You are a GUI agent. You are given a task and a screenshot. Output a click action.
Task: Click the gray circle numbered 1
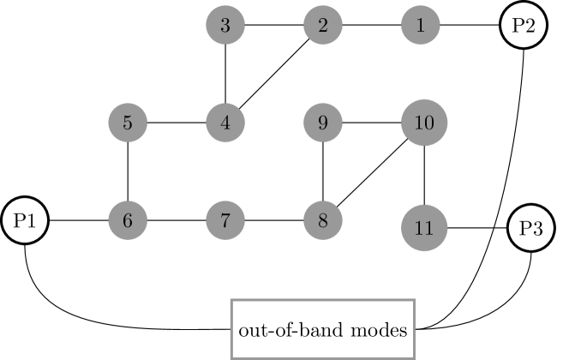[420, 26]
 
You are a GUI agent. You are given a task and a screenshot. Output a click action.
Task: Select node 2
[322, 26]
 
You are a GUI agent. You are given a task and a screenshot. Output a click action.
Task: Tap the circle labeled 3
[225, 26]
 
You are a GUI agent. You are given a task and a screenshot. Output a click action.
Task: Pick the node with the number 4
[225, 123]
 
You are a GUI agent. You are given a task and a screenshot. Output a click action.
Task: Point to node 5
[127, 123]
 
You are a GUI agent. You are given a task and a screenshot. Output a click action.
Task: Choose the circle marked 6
[127, 221]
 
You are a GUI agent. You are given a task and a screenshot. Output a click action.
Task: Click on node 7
[225, 221]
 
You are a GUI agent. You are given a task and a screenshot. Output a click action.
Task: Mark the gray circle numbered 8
[322, 221]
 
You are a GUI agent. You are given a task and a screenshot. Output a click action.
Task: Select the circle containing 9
[322, 123]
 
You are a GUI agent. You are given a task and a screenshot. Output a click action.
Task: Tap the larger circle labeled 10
[424, 123]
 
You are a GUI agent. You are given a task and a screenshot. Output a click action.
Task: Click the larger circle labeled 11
[424, 228]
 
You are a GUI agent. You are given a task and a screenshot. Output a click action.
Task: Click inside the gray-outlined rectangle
[322, 329]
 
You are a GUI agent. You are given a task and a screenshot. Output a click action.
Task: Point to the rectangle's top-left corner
[231, 300]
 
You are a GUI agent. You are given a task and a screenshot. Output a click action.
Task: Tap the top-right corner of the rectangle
[415, 300]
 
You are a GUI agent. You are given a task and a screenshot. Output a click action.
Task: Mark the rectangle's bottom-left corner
[231, 357]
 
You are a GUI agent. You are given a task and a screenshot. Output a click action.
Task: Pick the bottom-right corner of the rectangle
[415, 357]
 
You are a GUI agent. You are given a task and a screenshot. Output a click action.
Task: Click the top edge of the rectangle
[322, 300]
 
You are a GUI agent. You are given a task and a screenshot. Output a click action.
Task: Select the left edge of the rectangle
[231, 329]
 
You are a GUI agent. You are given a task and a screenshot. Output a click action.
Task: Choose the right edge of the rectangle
[415, 329]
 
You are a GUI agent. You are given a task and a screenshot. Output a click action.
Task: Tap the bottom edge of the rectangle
[322, 357]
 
